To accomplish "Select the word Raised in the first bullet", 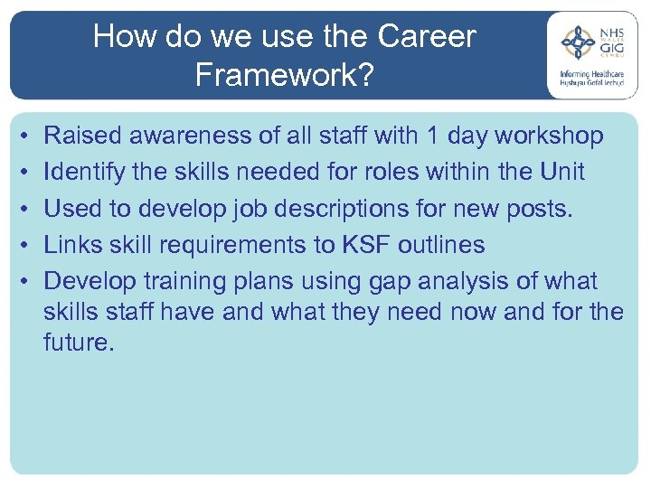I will [84, 136].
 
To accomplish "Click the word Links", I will [78, 245].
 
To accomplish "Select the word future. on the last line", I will [79, 343].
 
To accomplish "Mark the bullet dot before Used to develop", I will [22, 209].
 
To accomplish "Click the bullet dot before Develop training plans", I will [22, 282].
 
